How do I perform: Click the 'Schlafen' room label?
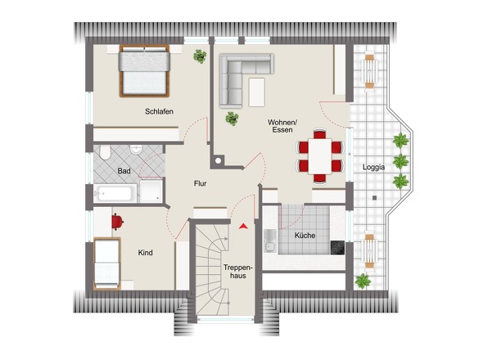(160, 111)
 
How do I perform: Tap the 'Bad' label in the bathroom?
(124, 171)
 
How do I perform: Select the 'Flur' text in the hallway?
(200, 184)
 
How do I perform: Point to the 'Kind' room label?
(146, 253)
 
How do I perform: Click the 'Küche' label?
(305, 236)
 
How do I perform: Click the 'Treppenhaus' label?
(239, 272)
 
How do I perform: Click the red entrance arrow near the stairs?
(242, 225)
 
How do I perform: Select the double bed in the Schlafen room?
(144, 71)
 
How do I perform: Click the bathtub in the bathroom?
(115, 194)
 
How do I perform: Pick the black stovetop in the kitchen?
(337, 245)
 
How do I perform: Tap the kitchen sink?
(269, 239)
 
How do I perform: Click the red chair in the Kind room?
(117, 220)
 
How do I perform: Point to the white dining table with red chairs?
(319, 153)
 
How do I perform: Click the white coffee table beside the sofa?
(259, 91)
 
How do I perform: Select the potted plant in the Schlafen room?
(199, 56)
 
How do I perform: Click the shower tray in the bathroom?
(151, 191)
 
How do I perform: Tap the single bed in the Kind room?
(106, 263)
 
